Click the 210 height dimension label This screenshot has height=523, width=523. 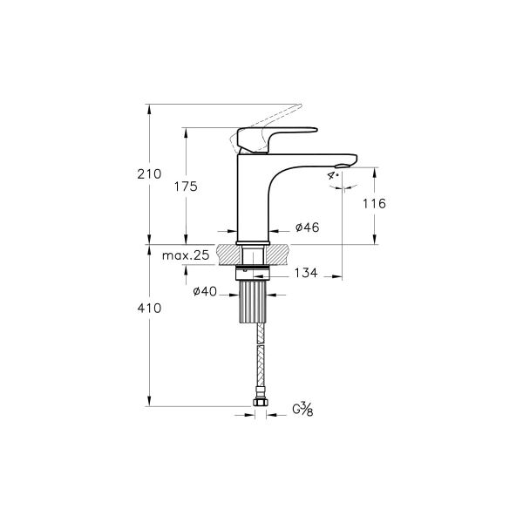click(x=149, y=174)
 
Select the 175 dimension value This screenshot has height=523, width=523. click(x=186, y=187)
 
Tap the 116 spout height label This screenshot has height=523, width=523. click(x=374, y=202)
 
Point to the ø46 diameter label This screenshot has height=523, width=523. click(x=307, y=228)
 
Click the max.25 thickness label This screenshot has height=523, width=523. click(x=186, y=255)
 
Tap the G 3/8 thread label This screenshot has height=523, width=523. click(x=302, y=409)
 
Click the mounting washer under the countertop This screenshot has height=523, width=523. click(x=254, y=272)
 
